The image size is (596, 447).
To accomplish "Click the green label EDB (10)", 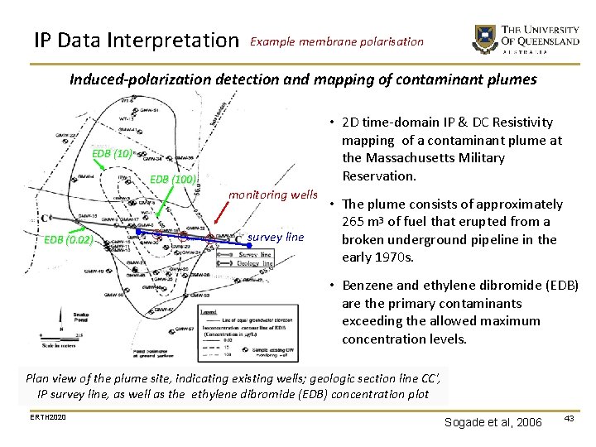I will point(112,154).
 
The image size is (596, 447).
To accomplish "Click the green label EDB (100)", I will point(172,180).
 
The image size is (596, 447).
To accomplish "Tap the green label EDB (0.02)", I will point(68,240).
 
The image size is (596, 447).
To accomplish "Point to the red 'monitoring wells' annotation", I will point(273,195).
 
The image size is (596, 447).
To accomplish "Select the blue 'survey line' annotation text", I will point(276,237).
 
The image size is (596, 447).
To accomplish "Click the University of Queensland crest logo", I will point(484,39).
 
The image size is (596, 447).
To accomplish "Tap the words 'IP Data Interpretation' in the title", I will point(135,40).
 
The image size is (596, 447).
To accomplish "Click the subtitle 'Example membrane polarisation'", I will point(336,41).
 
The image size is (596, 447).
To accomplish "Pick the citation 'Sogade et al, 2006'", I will point(493,422).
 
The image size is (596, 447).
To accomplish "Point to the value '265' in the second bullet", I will point(355,222).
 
